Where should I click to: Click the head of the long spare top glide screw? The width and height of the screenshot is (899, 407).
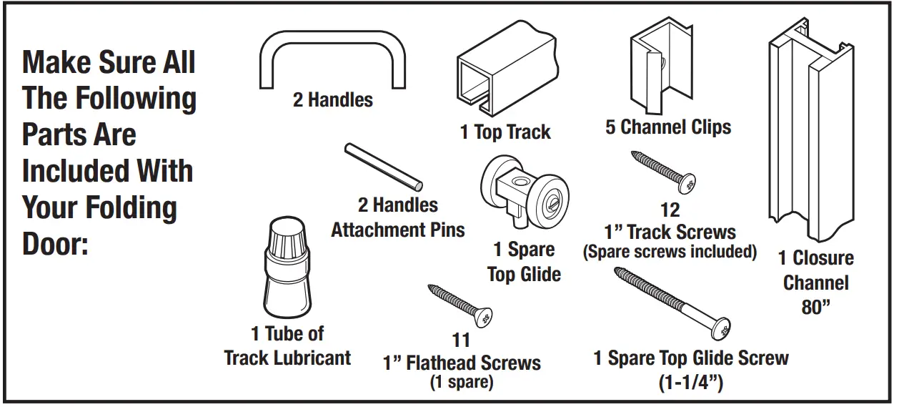pyautogui.click(x=722, y=328)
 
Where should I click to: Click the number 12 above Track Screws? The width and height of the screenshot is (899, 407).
pyautogui.click(x=670, y=211)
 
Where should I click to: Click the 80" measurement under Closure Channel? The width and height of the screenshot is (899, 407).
pyautogui.click(x=815, y=308)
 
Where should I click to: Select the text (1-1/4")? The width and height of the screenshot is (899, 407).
pyautogui.click(x=691, y=383)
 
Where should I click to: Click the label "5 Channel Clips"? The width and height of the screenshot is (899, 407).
pyautogui.click(x=668, y=128)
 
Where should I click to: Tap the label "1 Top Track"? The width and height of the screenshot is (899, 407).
pyautogui.click(x=505, y=132)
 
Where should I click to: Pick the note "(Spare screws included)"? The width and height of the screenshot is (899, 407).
pyautogui.click(x=670, y=252)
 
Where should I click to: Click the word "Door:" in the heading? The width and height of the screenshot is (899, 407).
pyautogui.click(x=55, y=245)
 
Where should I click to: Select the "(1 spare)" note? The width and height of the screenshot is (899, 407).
pyautogui.click(x=462, y=383)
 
